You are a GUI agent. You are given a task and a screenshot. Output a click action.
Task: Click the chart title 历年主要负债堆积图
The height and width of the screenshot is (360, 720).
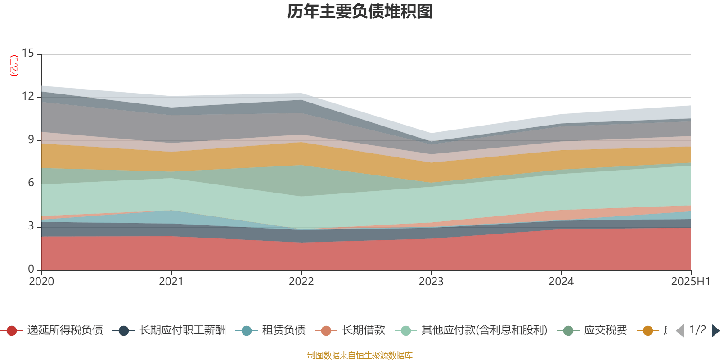tap(360, 12)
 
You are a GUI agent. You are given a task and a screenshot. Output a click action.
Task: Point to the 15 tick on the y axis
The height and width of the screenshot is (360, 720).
tap(28, 54)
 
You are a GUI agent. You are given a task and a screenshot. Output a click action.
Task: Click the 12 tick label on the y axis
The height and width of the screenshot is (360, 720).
tap(28, 97)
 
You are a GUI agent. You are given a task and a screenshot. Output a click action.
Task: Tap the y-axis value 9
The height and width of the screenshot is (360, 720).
tap(31, 140)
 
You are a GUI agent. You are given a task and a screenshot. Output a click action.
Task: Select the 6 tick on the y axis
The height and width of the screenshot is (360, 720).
tap(31, 183)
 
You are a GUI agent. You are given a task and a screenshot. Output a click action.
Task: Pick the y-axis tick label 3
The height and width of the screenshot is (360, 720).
tap(31, 226)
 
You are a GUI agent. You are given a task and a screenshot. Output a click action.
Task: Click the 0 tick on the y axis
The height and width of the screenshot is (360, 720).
tap(31, 270)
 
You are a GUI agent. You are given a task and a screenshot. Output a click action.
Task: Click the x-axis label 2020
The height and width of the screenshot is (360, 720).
tap(41, 282)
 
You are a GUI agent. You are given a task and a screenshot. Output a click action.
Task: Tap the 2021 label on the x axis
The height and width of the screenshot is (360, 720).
tap(171, 282)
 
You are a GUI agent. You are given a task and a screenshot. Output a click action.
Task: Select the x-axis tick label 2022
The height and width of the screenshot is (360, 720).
tap(301, 282)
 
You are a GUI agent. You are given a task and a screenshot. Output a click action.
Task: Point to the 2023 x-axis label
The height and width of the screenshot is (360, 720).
tap(431, 282)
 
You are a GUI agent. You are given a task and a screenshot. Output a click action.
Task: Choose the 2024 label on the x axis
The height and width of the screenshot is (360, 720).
tap(561, 282)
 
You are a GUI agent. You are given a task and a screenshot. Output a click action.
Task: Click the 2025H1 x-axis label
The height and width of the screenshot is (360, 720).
tap(690, 282)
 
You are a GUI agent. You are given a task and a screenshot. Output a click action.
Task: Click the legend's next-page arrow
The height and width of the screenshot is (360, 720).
tap(715, 331)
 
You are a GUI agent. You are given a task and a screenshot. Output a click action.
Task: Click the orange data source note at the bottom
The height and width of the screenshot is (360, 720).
tap(360, 355)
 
